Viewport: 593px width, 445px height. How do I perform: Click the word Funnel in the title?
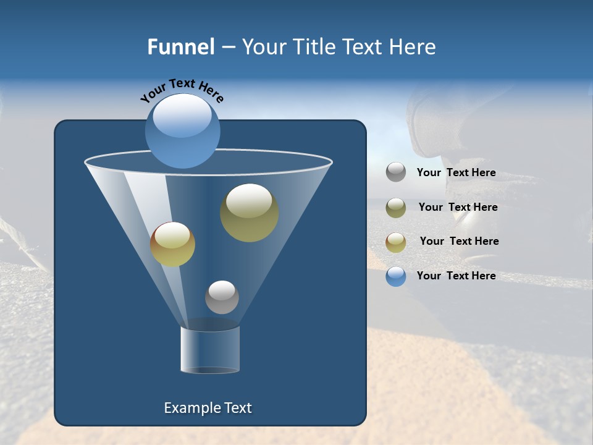coord(181,47)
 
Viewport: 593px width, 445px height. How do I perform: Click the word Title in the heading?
coord(313,47)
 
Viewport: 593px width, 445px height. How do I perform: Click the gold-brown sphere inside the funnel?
coord(172,245)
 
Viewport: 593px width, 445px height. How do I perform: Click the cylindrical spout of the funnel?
coord(210,350)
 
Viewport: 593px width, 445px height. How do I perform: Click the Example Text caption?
coord(208,408)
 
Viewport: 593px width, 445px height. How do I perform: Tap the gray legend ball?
coord(396,172)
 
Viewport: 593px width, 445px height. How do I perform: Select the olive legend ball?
coord(396,207)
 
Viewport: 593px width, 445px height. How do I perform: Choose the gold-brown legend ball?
coord(396,242)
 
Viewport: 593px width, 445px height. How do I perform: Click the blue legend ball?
coord(396,276)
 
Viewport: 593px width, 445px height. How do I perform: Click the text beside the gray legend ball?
coord(456,173)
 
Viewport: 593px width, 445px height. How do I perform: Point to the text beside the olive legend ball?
coord(458,208)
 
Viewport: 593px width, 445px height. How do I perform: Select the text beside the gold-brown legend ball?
coord(459,242)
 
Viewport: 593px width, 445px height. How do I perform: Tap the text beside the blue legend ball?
coord(456,276)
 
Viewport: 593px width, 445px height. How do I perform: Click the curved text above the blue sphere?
coord(182,90)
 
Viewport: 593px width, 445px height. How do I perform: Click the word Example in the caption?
coord(190,408)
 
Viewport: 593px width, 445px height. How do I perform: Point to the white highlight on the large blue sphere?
coord(182,117)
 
